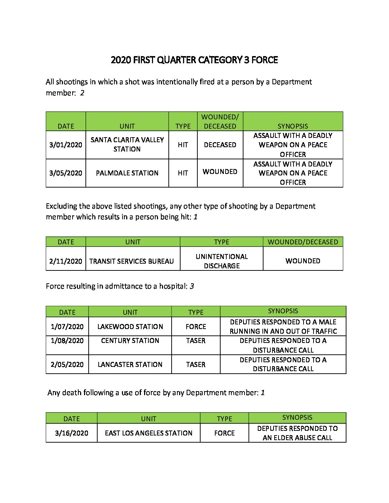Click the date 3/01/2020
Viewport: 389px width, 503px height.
pyautogui.click(x=66, y=145)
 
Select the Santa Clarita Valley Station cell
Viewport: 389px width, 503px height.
pyautogui.click(x=127, y=144)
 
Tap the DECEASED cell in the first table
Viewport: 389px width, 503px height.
pyautogui.click(x=220, y=145)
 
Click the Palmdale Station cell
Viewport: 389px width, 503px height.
pyautogui.click(x=127, y=173)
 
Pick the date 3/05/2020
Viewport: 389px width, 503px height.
pyautogui.click(x=66, y=173)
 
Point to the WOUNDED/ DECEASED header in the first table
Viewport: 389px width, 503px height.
pyautogui.click(x=220, y=121)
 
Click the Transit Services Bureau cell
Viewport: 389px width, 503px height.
pyautogui.click(x=132, y=261)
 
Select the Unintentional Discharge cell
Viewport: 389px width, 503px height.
pyautogui.click(x=222, y=261)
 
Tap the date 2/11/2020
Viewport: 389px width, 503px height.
pyautogui.click(x=66, y=261)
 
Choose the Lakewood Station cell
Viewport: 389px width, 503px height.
pyautogui.click(x=130, y=327)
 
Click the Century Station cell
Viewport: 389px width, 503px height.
pyautogui.click(x=130, y=340)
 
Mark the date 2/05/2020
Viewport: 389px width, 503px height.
pyautogui.click(x=67, y=364)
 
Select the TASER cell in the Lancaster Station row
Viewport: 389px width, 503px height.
pyautogui.click(x=196, y=364)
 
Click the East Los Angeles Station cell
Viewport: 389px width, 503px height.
pyautogui.click(x=149, y=433)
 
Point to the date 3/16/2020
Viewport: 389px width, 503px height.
pyautogui.click(x=72, y=433)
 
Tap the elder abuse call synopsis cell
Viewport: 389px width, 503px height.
pyautogui.click(x=297, y=433)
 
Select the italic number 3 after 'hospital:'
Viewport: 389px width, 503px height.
pyautogui.click(x=192, y=286)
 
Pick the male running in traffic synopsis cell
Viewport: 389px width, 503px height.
pyautogui.click(x=283, y=327)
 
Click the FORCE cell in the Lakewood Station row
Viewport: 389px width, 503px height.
pyautogui.click(x=196, y=327)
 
